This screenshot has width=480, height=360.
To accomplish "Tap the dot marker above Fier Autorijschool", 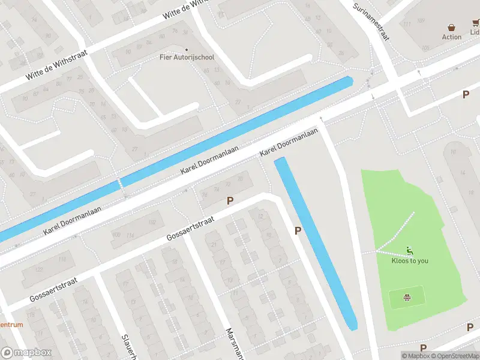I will click(186, 49).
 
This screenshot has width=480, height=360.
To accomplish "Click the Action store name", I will click(452, 37).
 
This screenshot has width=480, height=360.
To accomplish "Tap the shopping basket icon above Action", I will click(452, 27).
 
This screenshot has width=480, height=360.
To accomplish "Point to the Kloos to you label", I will click(410, 261).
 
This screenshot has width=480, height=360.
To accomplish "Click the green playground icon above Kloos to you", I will click(410, 251).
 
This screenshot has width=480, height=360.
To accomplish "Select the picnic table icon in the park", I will click(408, 296).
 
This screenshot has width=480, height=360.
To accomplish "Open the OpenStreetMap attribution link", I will click(455, 356).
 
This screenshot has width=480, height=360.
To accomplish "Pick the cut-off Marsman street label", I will click(232, 343).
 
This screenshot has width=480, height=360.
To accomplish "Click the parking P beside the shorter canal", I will click(298, 231).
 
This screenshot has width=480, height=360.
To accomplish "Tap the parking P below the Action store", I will click(465, 95).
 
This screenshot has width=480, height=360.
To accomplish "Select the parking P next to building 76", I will click(229, 201).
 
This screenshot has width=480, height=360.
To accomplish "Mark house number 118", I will click(63, 259).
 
